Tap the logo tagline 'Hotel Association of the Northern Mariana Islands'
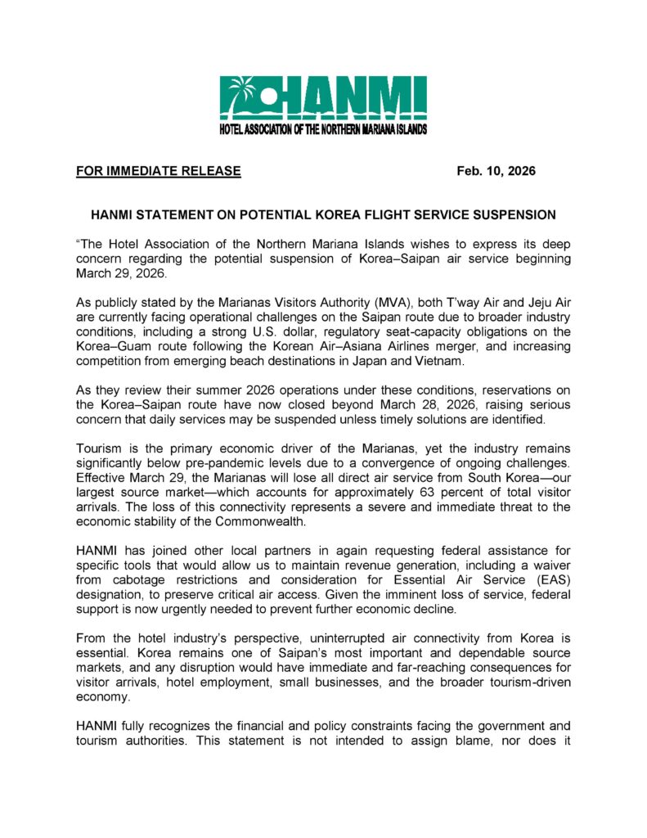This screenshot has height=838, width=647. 323,130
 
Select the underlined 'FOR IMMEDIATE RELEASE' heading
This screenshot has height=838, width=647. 159,171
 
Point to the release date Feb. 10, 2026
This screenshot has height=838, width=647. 496,171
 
